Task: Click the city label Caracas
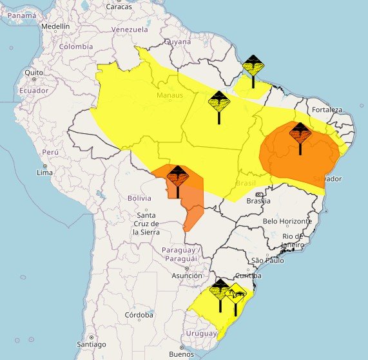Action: (x=119, y=6)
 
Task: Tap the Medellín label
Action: (x=55, y=26)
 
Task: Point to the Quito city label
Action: (x=34, y=72)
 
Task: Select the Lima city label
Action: (x=44, y=173)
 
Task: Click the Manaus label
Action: (x=169, y=96)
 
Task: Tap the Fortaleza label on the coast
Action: (x=327, y=109)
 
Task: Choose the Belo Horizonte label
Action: (x=287, y=221)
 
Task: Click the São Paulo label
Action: (x=267, y=260)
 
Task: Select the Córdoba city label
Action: (x=139, y=315)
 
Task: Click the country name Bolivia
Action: (x=139, y=198)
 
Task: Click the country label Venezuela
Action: (x=130, y=30)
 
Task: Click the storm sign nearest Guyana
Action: (x=253, y=66)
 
